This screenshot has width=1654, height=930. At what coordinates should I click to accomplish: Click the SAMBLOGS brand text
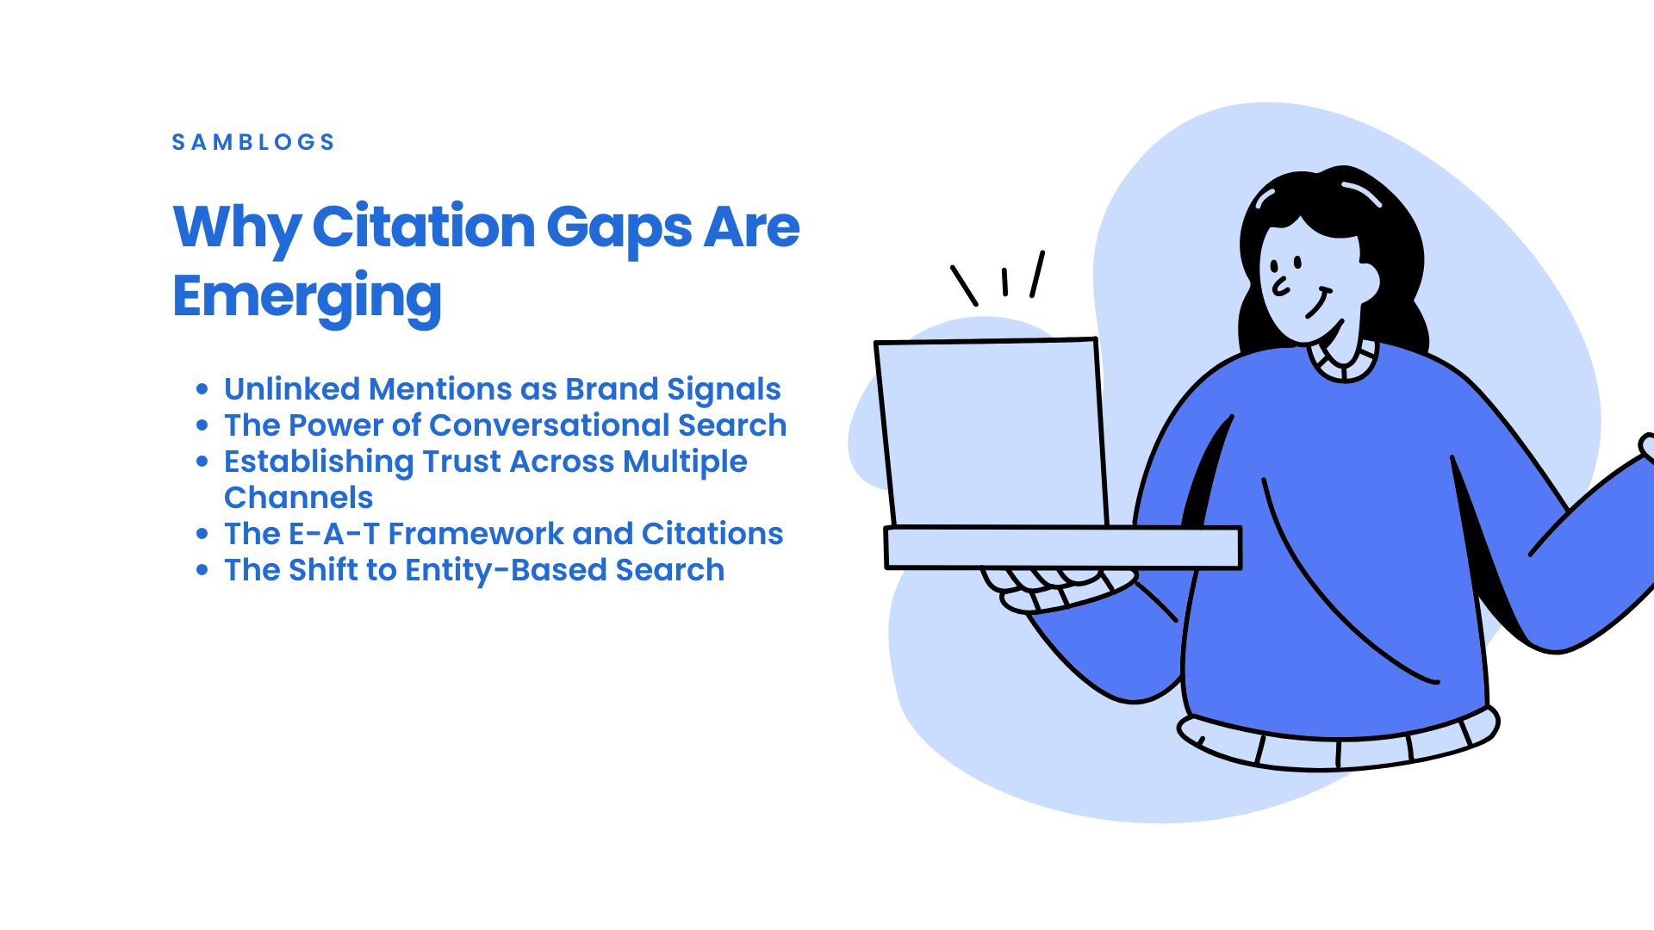pyautogui.click(x=253, y=142)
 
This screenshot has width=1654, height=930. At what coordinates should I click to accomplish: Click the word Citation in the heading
pyautogui.click(x=424, y=226)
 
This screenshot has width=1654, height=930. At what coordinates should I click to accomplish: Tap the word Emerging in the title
pyautogui.click(x=308, y=297)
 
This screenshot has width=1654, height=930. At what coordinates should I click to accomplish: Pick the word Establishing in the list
pyautogui.click(x=319, y=462)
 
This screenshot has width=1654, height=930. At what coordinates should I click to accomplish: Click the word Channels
pyautogui.click(x=298, y=498)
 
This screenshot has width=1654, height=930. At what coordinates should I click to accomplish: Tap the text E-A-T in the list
pyautogui.click(x=334, y=534)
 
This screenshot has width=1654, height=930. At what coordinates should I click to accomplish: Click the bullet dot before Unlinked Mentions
pyautogui.click(x=202, y=389)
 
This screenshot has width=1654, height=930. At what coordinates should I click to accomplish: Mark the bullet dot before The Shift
pyautogui.click(x=202, y=570)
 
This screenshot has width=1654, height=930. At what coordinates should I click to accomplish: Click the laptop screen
pyautogui.click(x=992, y=433)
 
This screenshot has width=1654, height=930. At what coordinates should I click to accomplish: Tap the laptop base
pyautogui.click(x=1063, y=548)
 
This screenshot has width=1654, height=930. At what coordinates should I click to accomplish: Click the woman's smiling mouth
pyautogui.click(x=1319, y=305)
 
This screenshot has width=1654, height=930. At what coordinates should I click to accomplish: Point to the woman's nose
pyautogui.click(x=1280, y=285)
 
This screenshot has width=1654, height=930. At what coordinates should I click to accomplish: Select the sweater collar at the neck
pyautogui.click(x=1344, y=361)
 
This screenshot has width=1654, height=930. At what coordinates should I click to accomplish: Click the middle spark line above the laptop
pyautogui.click(x=1004, y=282)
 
